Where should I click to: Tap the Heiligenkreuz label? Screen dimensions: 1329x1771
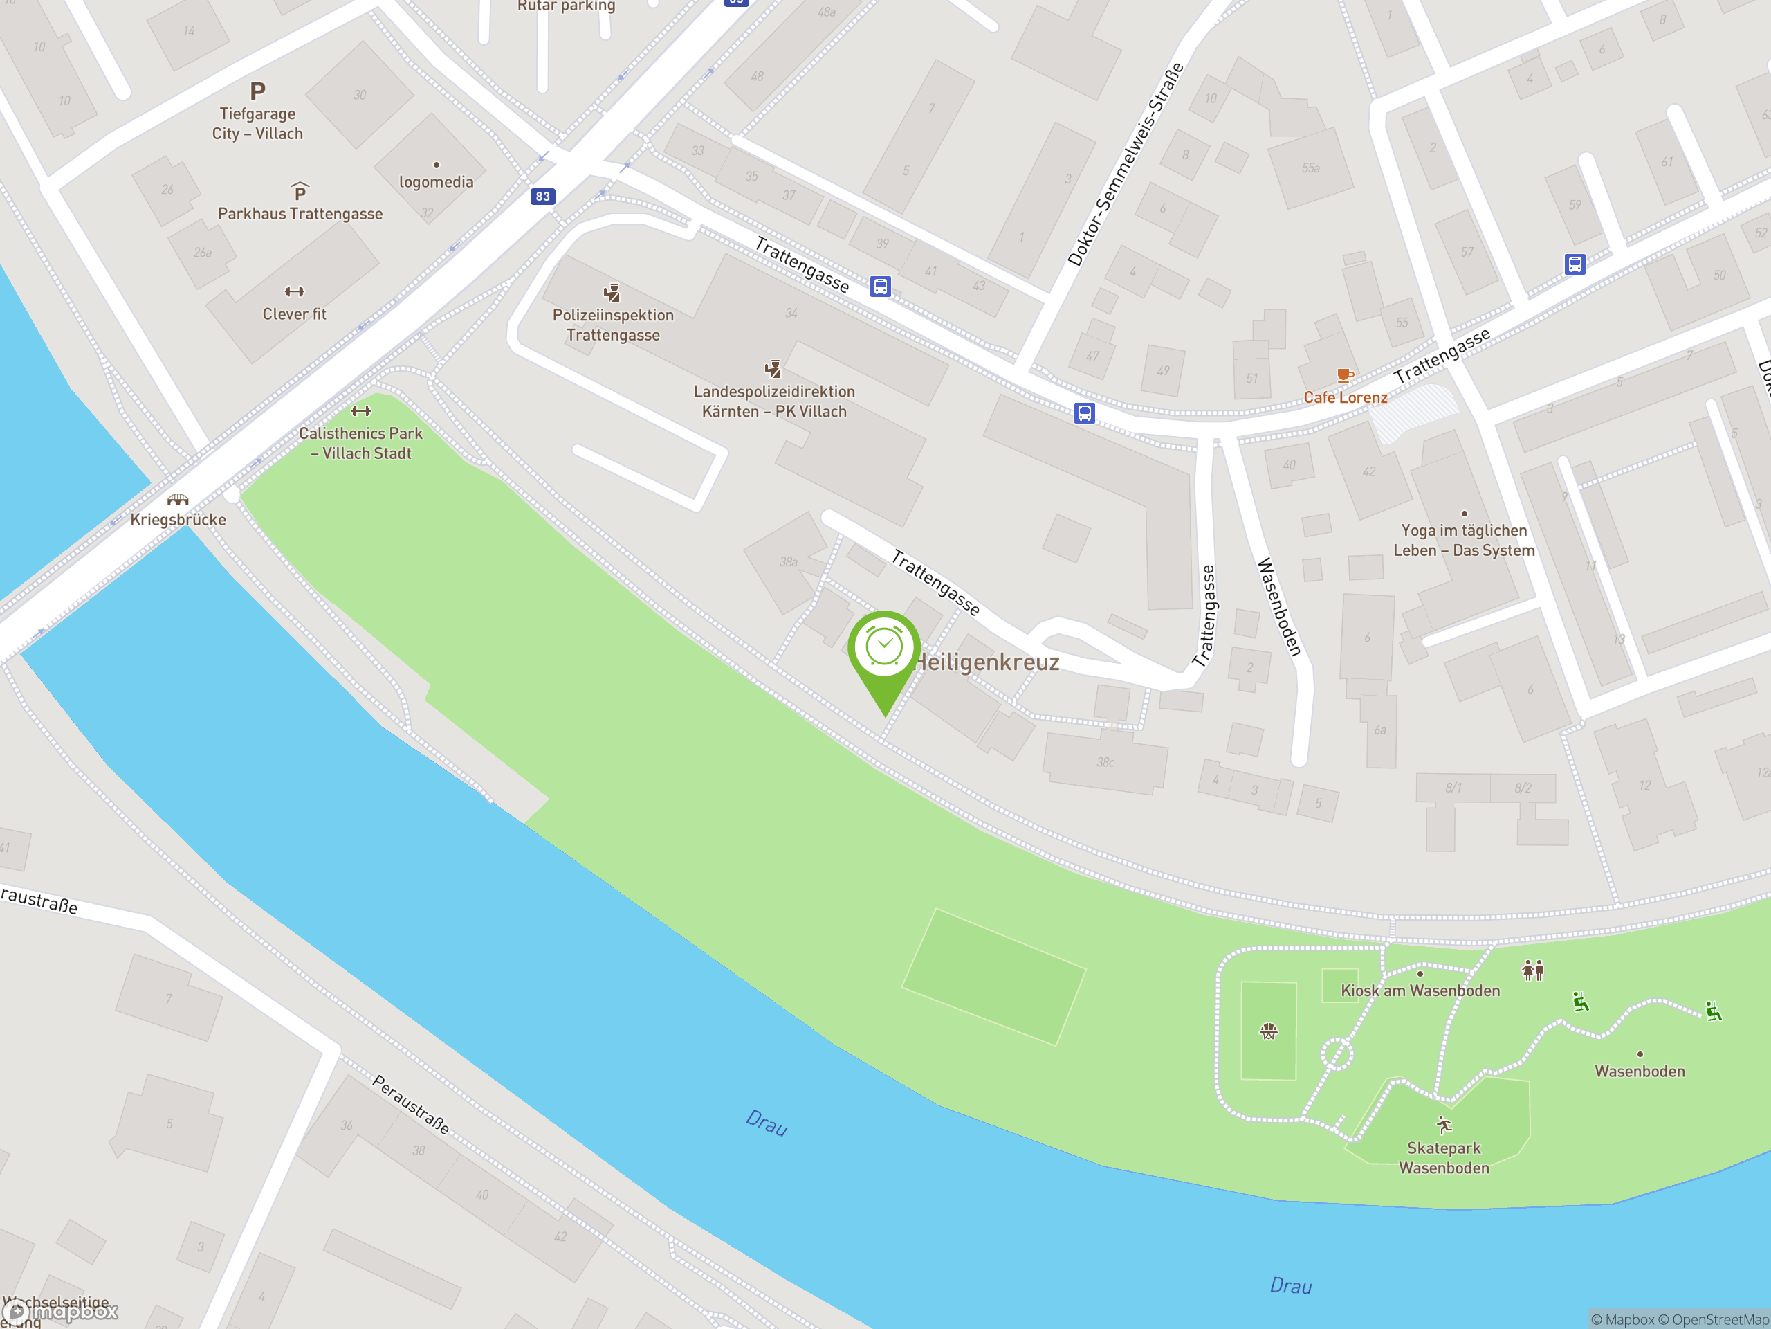pyautogui.click(x=987, y=662)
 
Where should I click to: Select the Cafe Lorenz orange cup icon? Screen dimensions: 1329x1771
pyautogui.click(x=1344, y=375)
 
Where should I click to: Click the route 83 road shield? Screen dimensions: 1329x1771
pyautogui.click(x=543, y=197)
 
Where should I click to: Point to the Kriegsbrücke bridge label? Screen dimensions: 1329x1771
pyautogui.click(x=178, y=519)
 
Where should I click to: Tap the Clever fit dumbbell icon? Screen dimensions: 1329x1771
pyautogui.click(x=295, y=291)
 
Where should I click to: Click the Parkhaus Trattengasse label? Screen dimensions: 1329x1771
pyautogui.click(x=300, y=214)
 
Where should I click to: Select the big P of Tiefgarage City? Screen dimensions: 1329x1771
pyautogui.click(x=257, y=91)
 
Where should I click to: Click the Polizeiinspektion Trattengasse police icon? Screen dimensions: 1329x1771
pyautogui.click(x=612, y=292)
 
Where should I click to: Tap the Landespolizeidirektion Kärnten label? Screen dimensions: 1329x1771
pyautogui.click(x=773, y=401)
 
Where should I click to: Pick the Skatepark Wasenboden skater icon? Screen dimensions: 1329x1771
pyautogui.click(x=1444, y=1125)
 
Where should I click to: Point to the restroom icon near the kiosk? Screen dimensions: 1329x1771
pyautogui.click(x=1532, y=970)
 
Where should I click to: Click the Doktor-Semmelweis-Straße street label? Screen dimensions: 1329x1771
pyautogui.click(x=1125, y=164)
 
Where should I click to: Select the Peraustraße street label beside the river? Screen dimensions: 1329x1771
pyautogui.click(x=411, y=1105)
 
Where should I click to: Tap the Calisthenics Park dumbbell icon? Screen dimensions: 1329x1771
pyautogui.click(x=361, y=411)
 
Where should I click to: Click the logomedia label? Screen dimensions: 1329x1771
pyautogui.click(x=437, y=182)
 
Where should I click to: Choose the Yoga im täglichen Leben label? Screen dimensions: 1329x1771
pyautogui.click(x=1464, y=540)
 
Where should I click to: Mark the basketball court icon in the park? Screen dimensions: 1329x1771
pyautogui.click(x=1268, y=1031)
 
